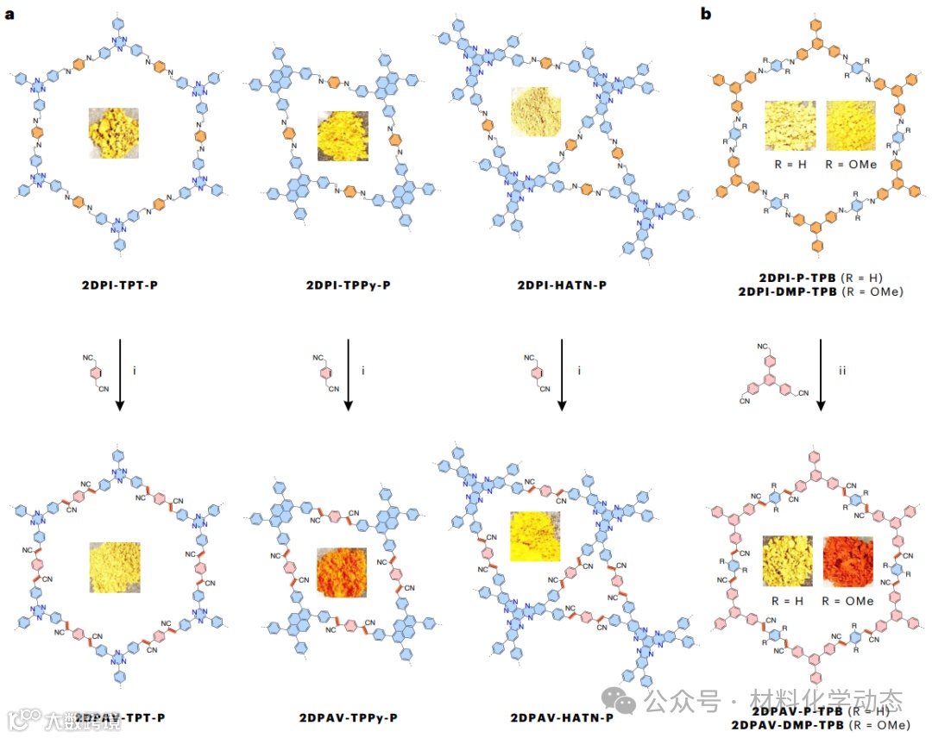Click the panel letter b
coord(705,14)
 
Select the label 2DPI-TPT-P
coord(118,283)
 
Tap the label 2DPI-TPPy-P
coord(349,283)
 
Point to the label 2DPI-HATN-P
coord(560,283)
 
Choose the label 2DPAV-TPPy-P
coord(349,717)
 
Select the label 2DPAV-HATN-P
coord(562,717)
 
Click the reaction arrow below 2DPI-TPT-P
coord(118,375)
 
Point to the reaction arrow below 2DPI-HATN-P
coord(562,375)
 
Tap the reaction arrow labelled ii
coord(820,375)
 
